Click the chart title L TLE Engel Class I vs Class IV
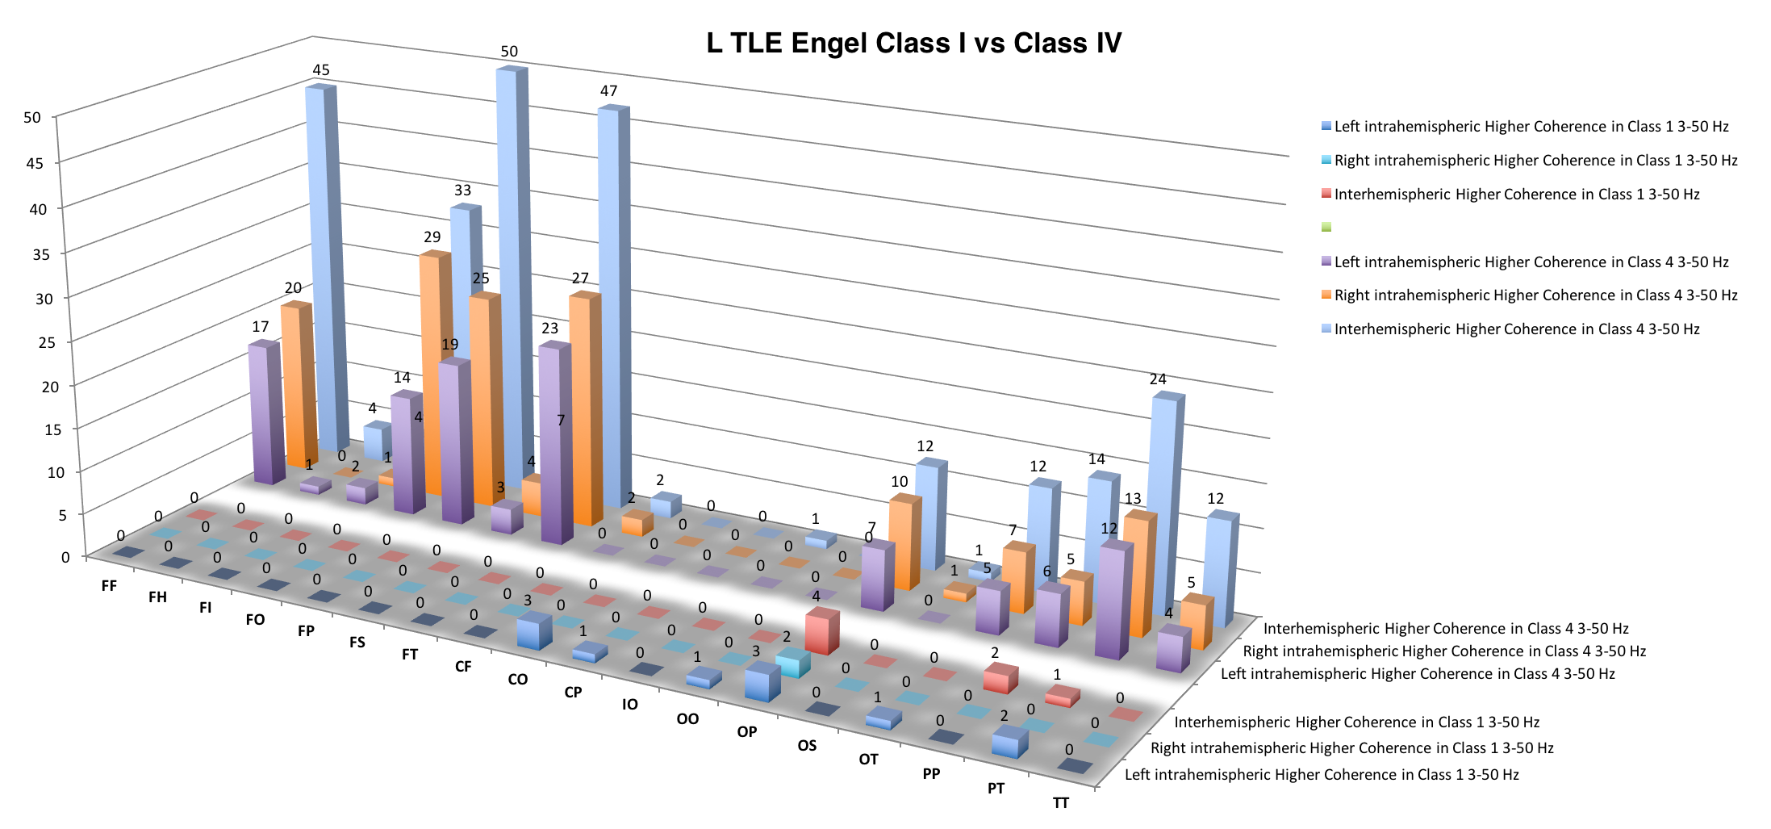[x=913, y=43]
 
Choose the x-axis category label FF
[x=109, y=585]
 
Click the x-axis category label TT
[x=1060, y=802]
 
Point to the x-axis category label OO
[x=687, y=718]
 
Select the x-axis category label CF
[x=463, y=666]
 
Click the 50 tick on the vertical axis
[x=32, y=118]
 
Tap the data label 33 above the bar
[x=462, y=191]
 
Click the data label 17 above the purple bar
[x=260, y=327]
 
